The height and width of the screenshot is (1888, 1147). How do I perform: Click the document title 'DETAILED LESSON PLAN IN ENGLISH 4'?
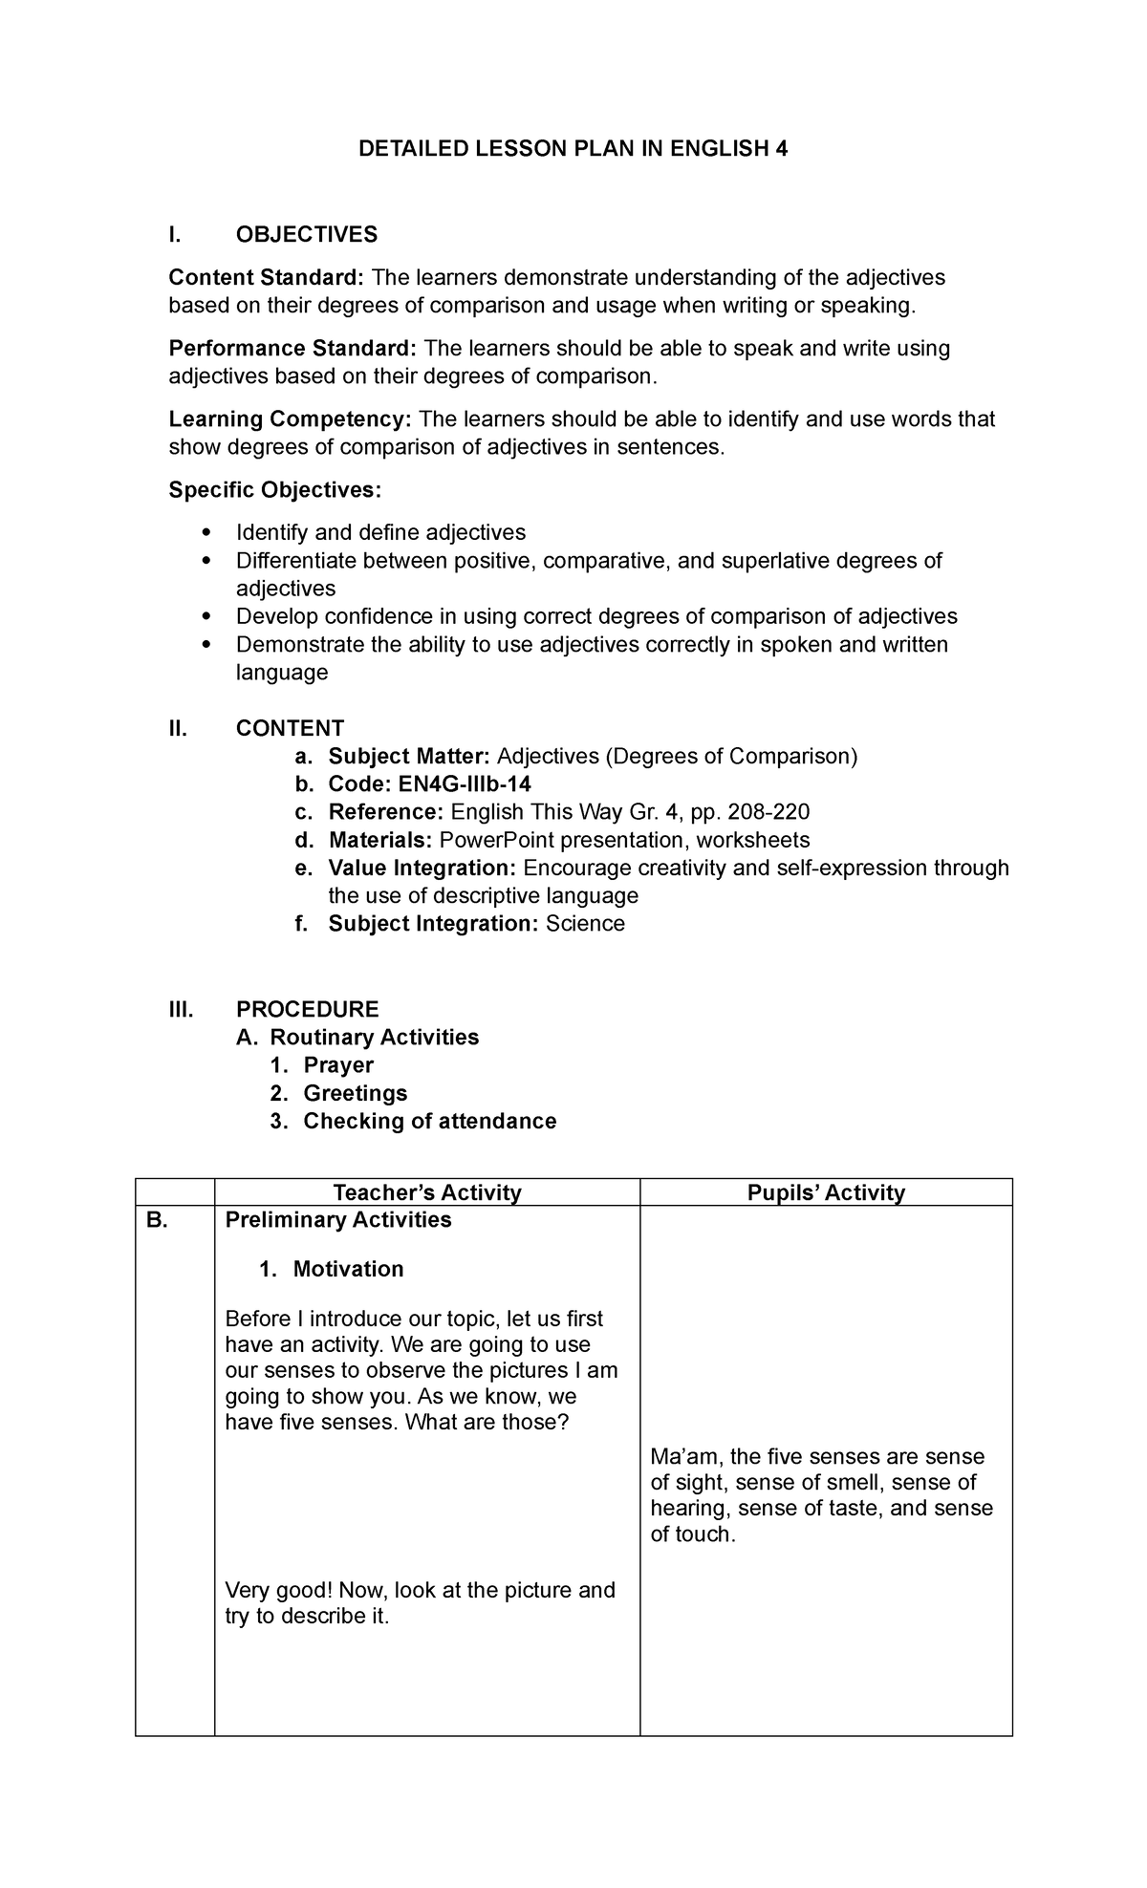(x=573, y=149)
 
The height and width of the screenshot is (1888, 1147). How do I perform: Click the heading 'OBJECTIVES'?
(x=307, y=235)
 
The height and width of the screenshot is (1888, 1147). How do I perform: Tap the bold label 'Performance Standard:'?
(x=292, y=349)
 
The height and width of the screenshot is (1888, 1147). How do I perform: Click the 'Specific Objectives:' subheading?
(x=274, y=490)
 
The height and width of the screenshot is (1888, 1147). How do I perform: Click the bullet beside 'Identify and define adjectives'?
(x=206, y=532)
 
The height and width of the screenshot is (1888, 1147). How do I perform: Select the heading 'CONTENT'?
(x=290, y=729)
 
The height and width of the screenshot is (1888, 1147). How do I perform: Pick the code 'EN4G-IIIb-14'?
(x=455, y=784)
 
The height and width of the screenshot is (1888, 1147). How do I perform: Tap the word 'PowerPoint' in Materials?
(x=496, y=841)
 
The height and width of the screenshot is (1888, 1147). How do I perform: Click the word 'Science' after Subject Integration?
(x=585, y=924)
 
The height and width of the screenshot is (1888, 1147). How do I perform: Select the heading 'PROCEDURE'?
(x=307, y=1010)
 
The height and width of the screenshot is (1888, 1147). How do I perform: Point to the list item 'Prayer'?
(x=338, y=1065)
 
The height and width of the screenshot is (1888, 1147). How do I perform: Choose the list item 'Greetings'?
(x=356, y=1093)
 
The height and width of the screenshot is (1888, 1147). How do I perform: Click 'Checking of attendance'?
(x=429, y=1122)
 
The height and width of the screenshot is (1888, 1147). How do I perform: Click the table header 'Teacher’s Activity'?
(x=426, y=1192)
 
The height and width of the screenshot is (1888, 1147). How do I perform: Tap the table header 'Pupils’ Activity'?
(x=826, y=1192)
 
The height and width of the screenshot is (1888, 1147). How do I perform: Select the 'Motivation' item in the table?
(x=348, y=1270)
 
